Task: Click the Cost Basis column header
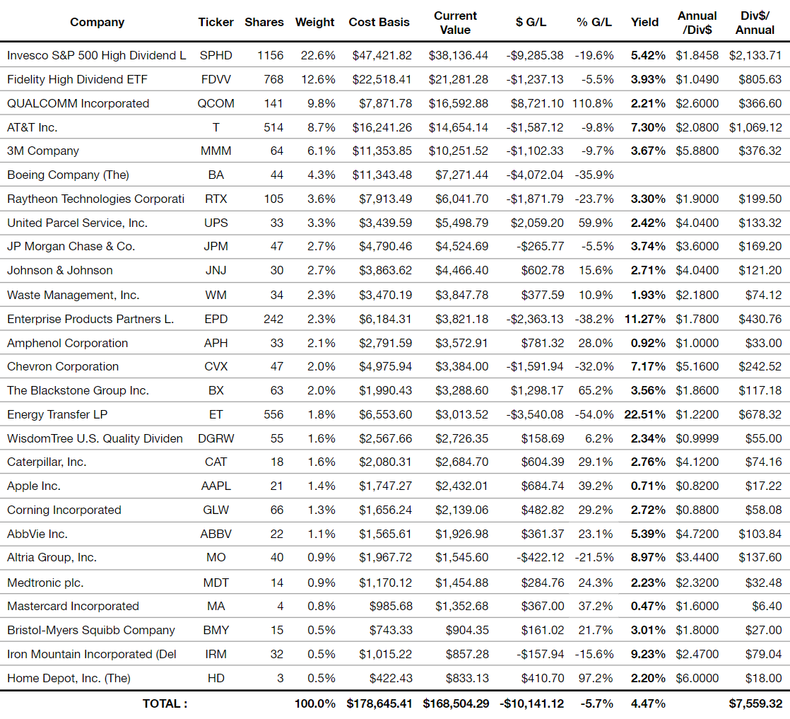tap(379, 22)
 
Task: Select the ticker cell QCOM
tap(216, 103)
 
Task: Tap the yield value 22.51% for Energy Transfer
tap(644, 414)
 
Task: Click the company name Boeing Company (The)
tap(68, 175)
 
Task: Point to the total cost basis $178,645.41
tap(379, 703)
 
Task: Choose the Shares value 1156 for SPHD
tap(270, 55)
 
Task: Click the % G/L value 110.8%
tap(592, 103)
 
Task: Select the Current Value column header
tap(455, 23)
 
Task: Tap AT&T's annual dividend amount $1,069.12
tap(755, 127)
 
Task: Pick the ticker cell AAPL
tap(216, 486)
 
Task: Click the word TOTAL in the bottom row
tap(160, 704)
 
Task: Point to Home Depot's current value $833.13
tap(467, 678)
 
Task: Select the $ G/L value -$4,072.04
tap(535, 175)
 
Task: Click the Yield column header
tap(644, 22)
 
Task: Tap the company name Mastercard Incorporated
tap(73, 606)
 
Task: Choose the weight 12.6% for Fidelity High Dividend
tap(318, 80)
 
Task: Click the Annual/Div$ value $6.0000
tap(697, 678)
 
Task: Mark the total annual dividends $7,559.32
tap(755, 703)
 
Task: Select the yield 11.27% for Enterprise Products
tap(644, 319)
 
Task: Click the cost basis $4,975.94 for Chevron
tap(385, 366)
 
